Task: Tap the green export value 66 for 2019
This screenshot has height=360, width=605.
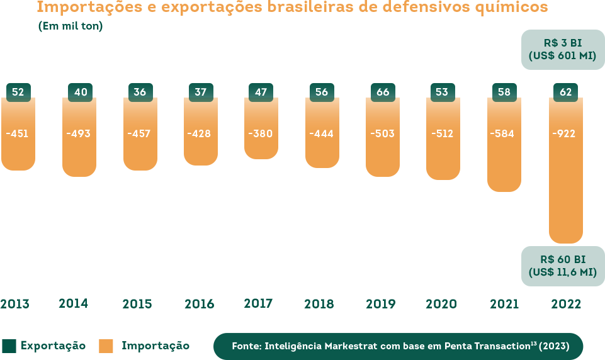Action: point(383,93)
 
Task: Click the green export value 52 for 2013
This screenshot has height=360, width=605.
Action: point(18,93)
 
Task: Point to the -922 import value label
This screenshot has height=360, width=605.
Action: point(563,133)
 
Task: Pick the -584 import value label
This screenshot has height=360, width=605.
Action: point(504,133)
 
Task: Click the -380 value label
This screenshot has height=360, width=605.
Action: point(261,133)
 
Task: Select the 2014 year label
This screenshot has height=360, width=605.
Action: point(74,303)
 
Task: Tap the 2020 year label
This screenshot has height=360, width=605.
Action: point(441,304)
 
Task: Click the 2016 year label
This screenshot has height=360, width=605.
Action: point(200,304)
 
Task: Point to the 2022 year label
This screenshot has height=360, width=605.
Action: point(566,304)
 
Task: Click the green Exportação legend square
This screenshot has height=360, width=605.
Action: point(9,346)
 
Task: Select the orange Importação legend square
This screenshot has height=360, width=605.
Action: point(106,346)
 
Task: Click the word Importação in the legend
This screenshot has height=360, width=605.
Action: point(155,346)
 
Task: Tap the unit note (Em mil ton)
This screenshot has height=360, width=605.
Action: point(71,26)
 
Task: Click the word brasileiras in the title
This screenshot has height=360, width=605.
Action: point(324,8)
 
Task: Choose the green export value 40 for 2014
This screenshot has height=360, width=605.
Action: point(81,93)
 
